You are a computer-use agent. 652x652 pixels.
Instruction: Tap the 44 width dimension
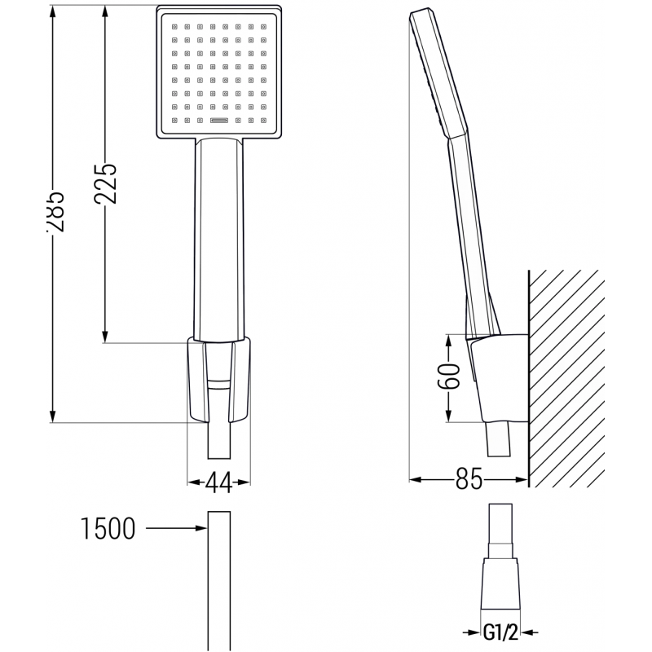(217, 483)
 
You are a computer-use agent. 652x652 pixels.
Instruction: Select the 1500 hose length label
(108, 530)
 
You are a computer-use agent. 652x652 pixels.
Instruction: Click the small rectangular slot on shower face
(218, 121)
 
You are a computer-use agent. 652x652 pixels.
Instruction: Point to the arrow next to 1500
(175, 530)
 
